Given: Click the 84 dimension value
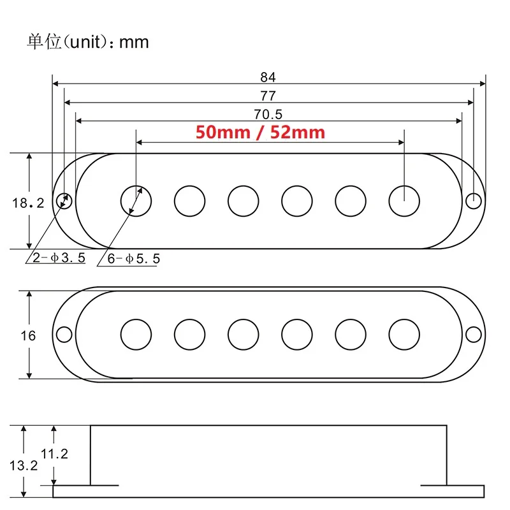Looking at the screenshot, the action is coord(268,77).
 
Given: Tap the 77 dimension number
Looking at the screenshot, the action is coord(268,96).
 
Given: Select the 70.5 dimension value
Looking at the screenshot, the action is coord(268,115).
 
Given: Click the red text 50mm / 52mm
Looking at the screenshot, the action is coord(260,133).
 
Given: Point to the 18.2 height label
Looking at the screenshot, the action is coord(28,203).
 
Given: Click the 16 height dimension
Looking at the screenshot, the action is coord(28,336).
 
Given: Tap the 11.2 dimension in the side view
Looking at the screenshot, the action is coord(54,454).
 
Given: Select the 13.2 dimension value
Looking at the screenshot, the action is coord(24,465).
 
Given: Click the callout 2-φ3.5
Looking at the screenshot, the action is coord(59,258).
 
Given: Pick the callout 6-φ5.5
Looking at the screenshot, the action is coord(134,259).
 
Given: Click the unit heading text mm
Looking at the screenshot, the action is coord(134,43).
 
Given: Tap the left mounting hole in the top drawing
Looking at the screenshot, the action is coord(64,201).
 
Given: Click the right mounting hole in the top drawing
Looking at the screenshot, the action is coord(474,201).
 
